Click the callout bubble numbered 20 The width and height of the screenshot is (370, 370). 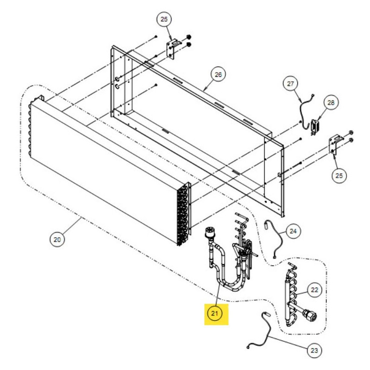pos(57,240)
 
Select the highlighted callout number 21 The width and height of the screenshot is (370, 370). pos(215,314)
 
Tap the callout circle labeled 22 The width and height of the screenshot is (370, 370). pos(314,290)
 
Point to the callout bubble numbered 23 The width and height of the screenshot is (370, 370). pos(314,351)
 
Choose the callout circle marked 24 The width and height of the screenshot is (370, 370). pos(293,231)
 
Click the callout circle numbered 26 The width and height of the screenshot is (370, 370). pos(218,74)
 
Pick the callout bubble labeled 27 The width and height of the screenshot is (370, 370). pos(290,84)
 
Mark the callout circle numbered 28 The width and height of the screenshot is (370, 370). pos(331,103)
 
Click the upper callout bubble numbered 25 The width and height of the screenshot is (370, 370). pos(164,19)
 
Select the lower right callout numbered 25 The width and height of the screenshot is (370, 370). pos(339,176)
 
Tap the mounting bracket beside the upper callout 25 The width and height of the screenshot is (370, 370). pos(173,49)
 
